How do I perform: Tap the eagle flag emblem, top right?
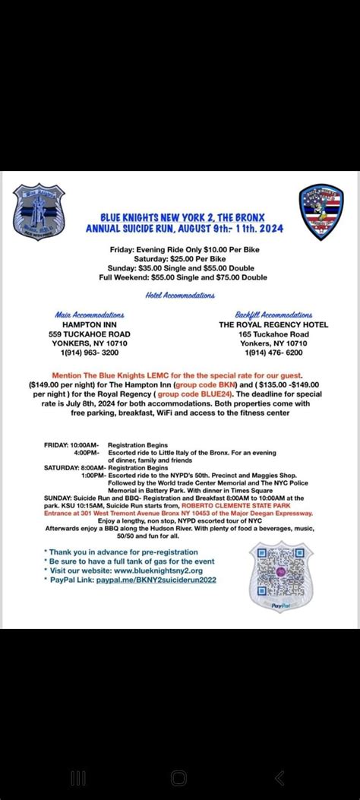(x=321, y=211)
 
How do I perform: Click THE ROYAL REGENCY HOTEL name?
(x=273, y=324)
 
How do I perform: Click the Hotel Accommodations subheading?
(x=180, y=296)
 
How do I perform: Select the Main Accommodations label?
(x=89, y=314)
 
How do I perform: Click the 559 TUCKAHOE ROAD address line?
(x=89, y=334)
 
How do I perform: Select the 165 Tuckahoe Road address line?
(x=273, y=334)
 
